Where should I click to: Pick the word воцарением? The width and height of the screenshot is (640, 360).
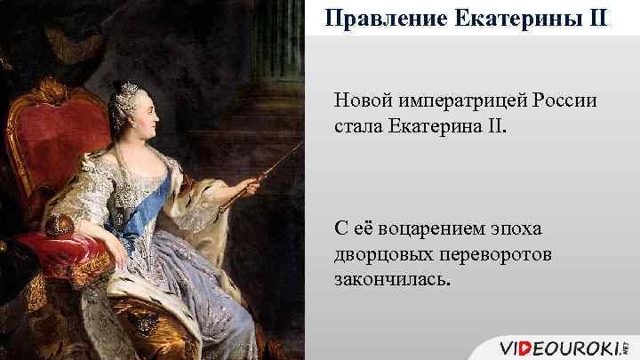point(425,228)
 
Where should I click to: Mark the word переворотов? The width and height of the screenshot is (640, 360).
point(488,255)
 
